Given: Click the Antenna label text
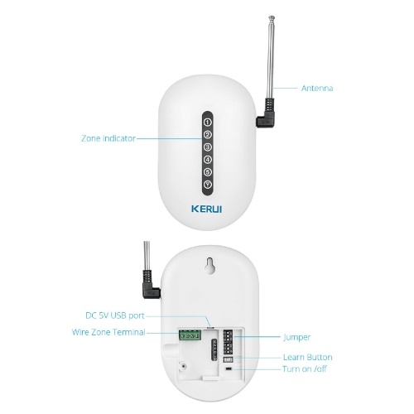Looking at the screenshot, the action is (317, 89).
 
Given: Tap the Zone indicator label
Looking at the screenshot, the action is (108, 138).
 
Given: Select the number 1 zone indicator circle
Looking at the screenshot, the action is (208, 122).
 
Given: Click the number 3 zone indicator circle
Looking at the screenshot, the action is (208, 147).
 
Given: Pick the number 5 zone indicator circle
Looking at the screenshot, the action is (208, 172).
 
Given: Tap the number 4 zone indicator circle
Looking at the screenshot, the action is (208, 160).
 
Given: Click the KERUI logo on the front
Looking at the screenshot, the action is (207, 209).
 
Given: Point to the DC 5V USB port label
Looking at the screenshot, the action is (115, 315).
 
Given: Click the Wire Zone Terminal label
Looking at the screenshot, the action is (108, 332).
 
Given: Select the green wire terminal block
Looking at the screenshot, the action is (190, 335).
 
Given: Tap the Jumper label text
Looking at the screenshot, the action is (296, 337).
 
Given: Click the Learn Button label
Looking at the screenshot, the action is (308, 357).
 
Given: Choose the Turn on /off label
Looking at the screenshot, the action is (305, 369).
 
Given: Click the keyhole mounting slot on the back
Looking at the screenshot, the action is (210, 266).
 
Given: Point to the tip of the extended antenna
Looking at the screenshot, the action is (272, 17).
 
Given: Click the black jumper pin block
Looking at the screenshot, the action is (228, 341).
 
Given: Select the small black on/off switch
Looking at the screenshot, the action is (229, 368).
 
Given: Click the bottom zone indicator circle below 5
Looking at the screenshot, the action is (208, 185).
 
